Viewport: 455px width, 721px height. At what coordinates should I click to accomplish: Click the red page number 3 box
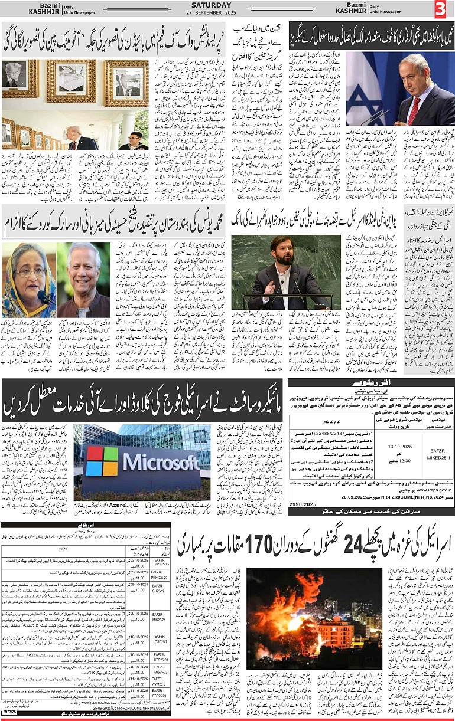[443, 9]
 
